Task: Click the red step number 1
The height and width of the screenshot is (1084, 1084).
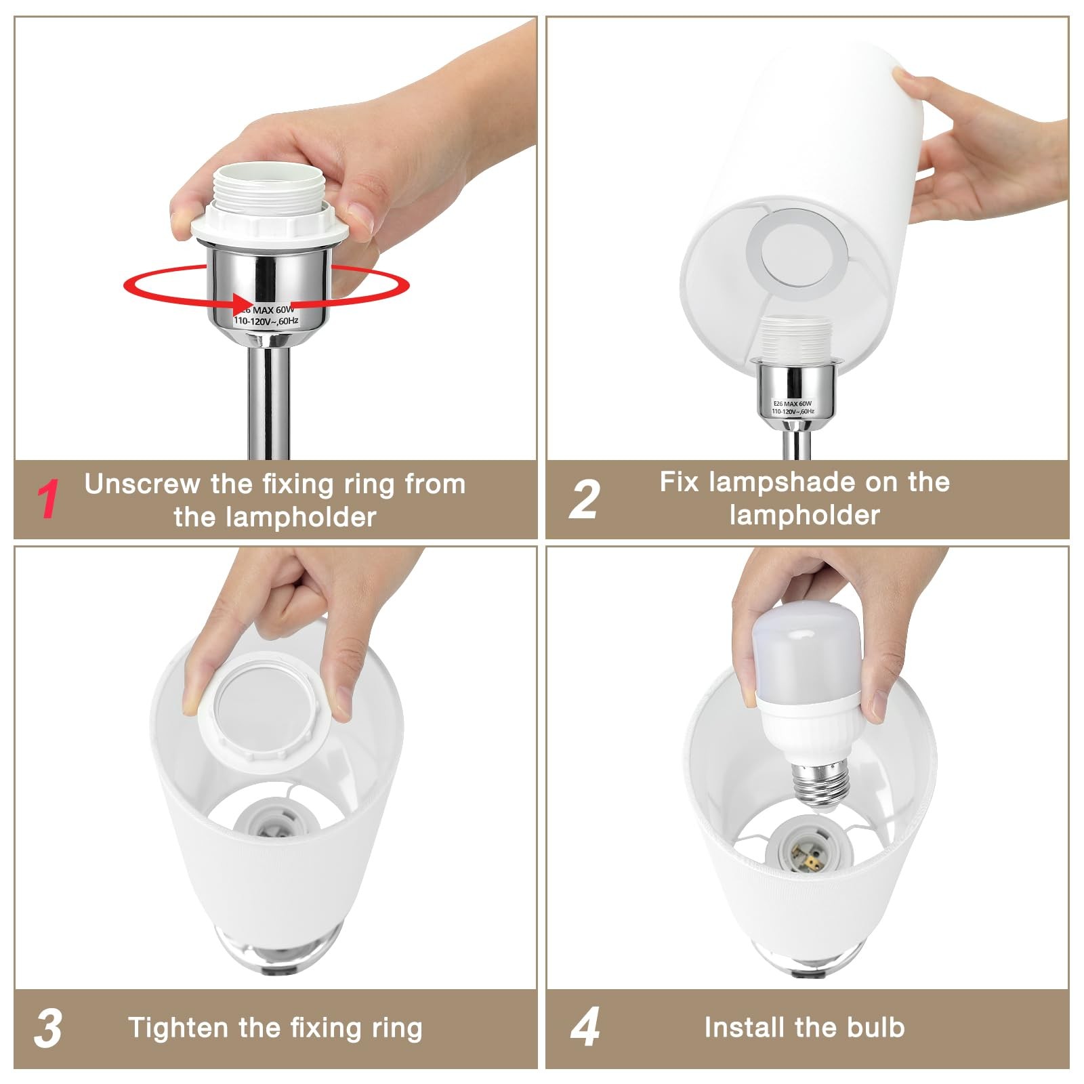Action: coord(47,499)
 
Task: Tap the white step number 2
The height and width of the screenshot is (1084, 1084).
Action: coord(583,499)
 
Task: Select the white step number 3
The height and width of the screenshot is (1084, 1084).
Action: coord(47,1028)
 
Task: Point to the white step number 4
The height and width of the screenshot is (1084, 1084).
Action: coord(585,1027)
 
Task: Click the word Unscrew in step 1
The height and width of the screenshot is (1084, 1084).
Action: coord(142,484)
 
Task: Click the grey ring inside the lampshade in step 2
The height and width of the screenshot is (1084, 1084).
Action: coord(797,255)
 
